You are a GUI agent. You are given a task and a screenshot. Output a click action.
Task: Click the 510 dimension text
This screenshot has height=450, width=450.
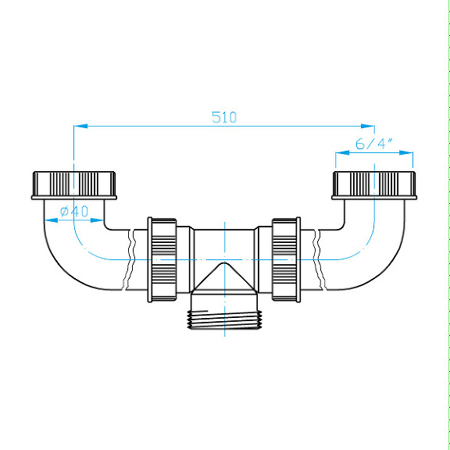[x=224, y=117]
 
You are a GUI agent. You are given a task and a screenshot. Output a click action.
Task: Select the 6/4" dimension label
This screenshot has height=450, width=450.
[x=373, y=144]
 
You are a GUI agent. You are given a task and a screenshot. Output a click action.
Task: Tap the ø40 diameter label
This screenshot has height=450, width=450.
[x=74, y=212]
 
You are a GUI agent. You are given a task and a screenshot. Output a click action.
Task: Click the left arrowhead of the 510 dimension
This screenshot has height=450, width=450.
[x=80, y=126]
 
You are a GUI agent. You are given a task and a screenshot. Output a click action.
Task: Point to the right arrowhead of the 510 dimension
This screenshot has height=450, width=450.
[x=368, y=126]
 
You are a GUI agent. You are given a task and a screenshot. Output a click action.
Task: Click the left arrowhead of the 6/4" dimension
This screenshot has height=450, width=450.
[x=342, y=152]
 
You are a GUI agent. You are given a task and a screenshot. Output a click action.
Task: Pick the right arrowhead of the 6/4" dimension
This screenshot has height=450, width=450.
[x=406, y=152]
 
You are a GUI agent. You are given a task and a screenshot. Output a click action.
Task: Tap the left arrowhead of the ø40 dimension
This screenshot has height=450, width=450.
[x=51, y=220]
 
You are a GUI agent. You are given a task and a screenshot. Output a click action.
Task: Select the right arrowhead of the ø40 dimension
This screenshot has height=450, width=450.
[x=97, y=220]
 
